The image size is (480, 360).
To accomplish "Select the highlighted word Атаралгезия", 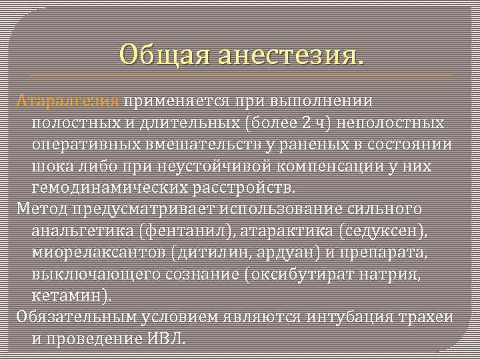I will tap(67, 101).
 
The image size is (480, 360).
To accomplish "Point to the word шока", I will tap(53, 167).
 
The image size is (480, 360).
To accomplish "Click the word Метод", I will tap(41, 209).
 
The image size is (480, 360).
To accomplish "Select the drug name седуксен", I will tap(377, 231).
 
